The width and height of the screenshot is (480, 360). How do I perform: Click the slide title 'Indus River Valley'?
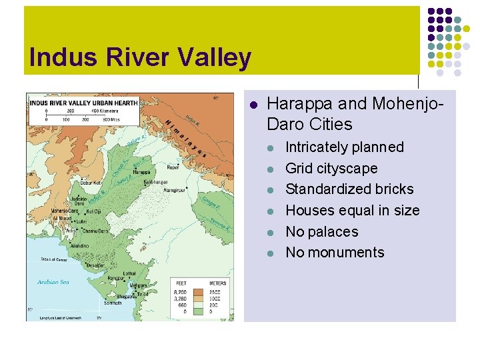coord(141,57)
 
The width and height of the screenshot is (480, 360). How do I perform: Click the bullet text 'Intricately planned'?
coord(344,147)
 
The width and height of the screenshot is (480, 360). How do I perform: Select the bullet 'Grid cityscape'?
coord(331,168)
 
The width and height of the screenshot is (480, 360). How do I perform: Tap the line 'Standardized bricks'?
coord(349,189)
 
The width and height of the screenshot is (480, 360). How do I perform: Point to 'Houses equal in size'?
coord(352,210)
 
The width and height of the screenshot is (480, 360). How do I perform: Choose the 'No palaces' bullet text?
coord(321,231)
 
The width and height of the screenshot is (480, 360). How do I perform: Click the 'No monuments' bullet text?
coord(334,252)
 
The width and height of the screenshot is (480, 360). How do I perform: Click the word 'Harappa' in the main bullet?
coord(292,104)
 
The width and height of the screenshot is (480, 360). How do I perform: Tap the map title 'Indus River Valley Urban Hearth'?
coord(84,103)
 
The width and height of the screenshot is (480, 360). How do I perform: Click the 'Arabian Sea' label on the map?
coord(53,282)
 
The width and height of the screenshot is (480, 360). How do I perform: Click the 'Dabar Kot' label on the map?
coord(91,182)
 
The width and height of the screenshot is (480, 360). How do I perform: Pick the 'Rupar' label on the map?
coord(174,167)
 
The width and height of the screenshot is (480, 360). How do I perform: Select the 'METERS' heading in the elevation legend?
coord(217,283)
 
